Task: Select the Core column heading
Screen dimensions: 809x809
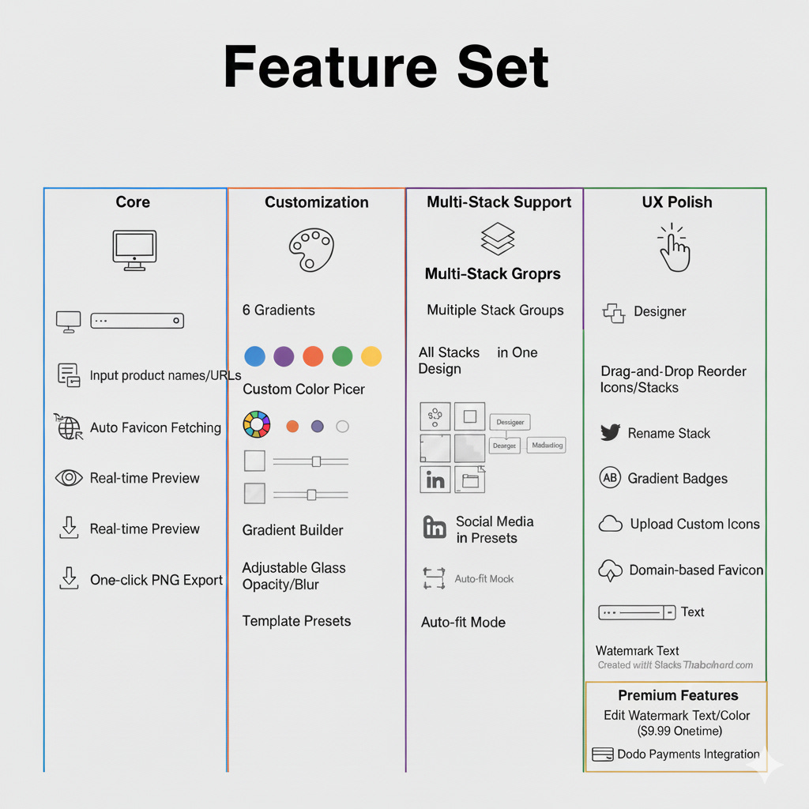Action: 133,202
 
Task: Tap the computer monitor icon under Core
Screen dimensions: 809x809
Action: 134,250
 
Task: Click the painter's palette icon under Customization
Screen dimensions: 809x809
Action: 311,250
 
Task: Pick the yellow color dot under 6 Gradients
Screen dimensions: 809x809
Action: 371,356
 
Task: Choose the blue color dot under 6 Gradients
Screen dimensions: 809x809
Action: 254,356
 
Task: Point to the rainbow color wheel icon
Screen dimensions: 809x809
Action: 257,424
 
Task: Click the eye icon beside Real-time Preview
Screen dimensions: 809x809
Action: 69,478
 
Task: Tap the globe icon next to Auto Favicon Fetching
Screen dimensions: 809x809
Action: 69,427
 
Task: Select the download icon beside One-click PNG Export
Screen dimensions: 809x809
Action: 70,579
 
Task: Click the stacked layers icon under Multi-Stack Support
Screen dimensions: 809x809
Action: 498,239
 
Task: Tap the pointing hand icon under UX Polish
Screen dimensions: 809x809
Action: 674,247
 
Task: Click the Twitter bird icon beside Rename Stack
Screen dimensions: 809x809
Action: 610,433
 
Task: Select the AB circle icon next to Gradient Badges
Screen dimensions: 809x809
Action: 610,478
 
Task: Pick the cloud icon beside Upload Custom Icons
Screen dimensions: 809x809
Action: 611,524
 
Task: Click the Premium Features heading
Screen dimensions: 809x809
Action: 678,695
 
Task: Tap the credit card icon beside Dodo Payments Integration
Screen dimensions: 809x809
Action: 602,754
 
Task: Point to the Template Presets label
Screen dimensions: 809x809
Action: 296,621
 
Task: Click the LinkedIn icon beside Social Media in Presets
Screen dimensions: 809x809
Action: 435,528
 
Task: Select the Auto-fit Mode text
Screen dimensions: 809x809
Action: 463,623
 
